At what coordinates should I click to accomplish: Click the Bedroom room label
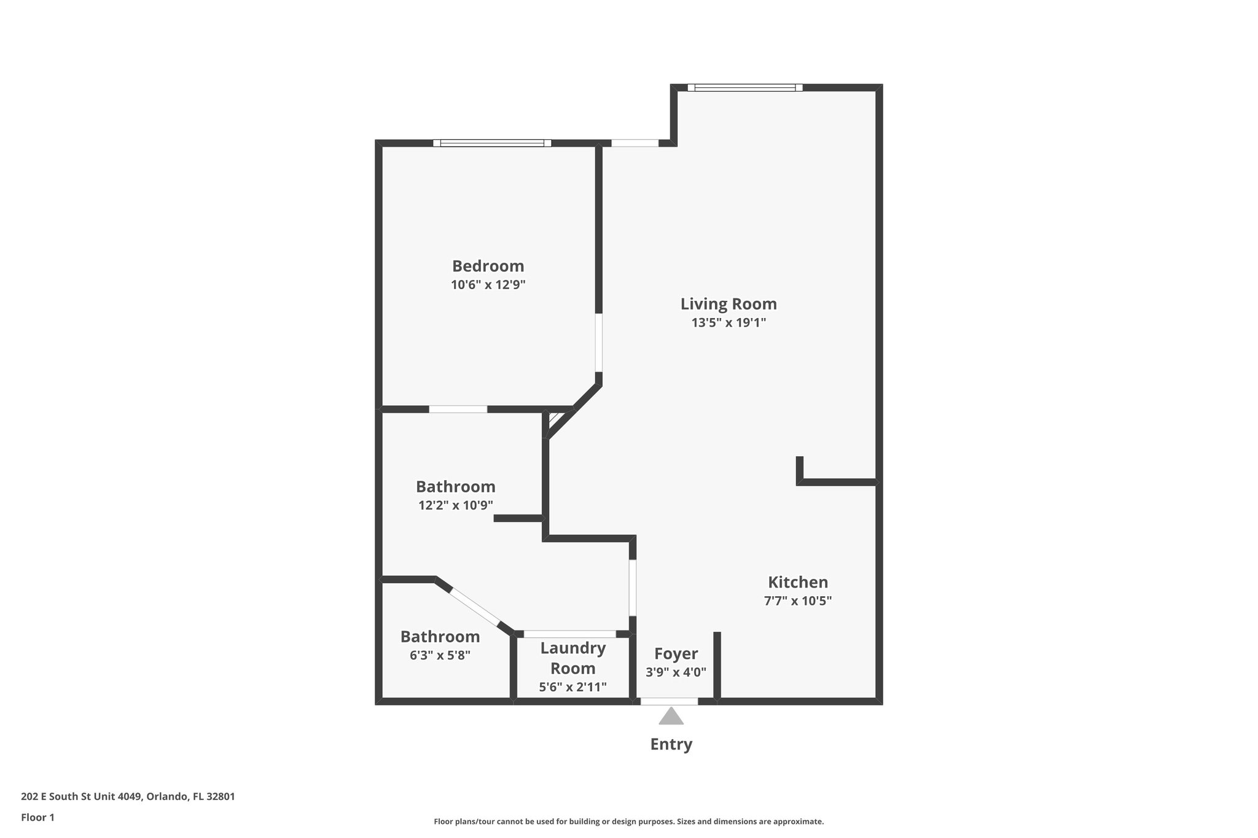coord(488,266)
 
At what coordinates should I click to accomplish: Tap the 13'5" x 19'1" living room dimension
coord(729,322)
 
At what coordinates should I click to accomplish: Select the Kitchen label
coord(798,582)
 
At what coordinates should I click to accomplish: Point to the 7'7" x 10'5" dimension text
coord(797,601)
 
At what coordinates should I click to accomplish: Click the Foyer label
coord(676,653)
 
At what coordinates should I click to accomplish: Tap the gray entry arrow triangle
coord(671,716)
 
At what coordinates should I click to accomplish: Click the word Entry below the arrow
coord(671,744)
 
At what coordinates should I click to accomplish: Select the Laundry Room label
coord(572,658)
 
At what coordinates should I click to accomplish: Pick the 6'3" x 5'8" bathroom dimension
coord(440,655)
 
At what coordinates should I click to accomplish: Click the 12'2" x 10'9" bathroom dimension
coord(456,505)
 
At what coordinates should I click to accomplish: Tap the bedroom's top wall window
coord(492,143)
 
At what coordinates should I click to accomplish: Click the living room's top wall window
coord(744,88)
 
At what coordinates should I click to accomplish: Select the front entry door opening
coord(669,701)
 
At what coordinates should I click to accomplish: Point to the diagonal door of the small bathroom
coord(475,606)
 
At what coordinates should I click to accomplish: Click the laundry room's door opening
coord(569,634)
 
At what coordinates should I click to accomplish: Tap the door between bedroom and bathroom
coord(458,409)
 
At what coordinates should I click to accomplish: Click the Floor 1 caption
coord(37,817)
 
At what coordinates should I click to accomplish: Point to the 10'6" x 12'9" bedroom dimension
coord(488,285)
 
